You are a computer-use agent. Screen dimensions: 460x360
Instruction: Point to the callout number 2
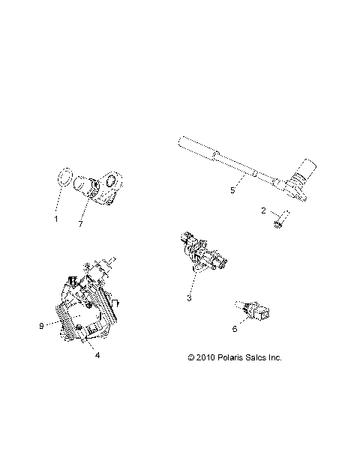coord(264,211)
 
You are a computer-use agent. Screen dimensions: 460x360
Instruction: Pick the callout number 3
coord(189,298)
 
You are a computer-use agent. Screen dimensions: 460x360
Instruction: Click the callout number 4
coord(96,355)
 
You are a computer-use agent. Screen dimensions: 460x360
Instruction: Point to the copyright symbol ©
coord(191,358)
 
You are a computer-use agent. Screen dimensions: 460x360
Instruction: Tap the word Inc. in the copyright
coord(274,358)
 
